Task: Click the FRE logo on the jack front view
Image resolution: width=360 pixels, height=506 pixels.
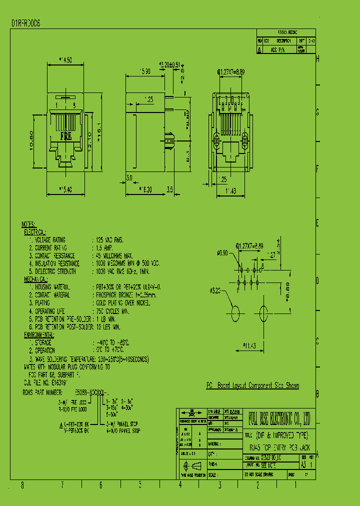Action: click(x=65, y=135)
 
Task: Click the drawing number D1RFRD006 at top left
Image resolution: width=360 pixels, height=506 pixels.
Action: click(x=26, y=23)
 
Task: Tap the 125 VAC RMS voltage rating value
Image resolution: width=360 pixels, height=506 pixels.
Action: click(x=110, y=240)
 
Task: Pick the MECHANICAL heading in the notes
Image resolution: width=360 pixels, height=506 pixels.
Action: click(x=38, y=279)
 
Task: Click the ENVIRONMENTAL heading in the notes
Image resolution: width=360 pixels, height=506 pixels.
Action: click(x=39, y=334)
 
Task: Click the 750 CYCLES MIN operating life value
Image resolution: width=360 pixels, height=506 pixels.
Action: click(x=112, y=311)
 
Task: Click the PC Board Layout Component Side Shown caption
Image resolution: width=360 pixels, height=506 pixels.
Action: click(x=253, y=385)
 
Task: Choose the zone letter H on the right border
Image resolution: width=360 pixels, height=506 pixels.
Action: click(x=318, y=59)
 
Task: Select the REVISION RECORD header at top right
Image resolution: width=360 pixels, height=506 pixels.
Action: click(x=286, y=31)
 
